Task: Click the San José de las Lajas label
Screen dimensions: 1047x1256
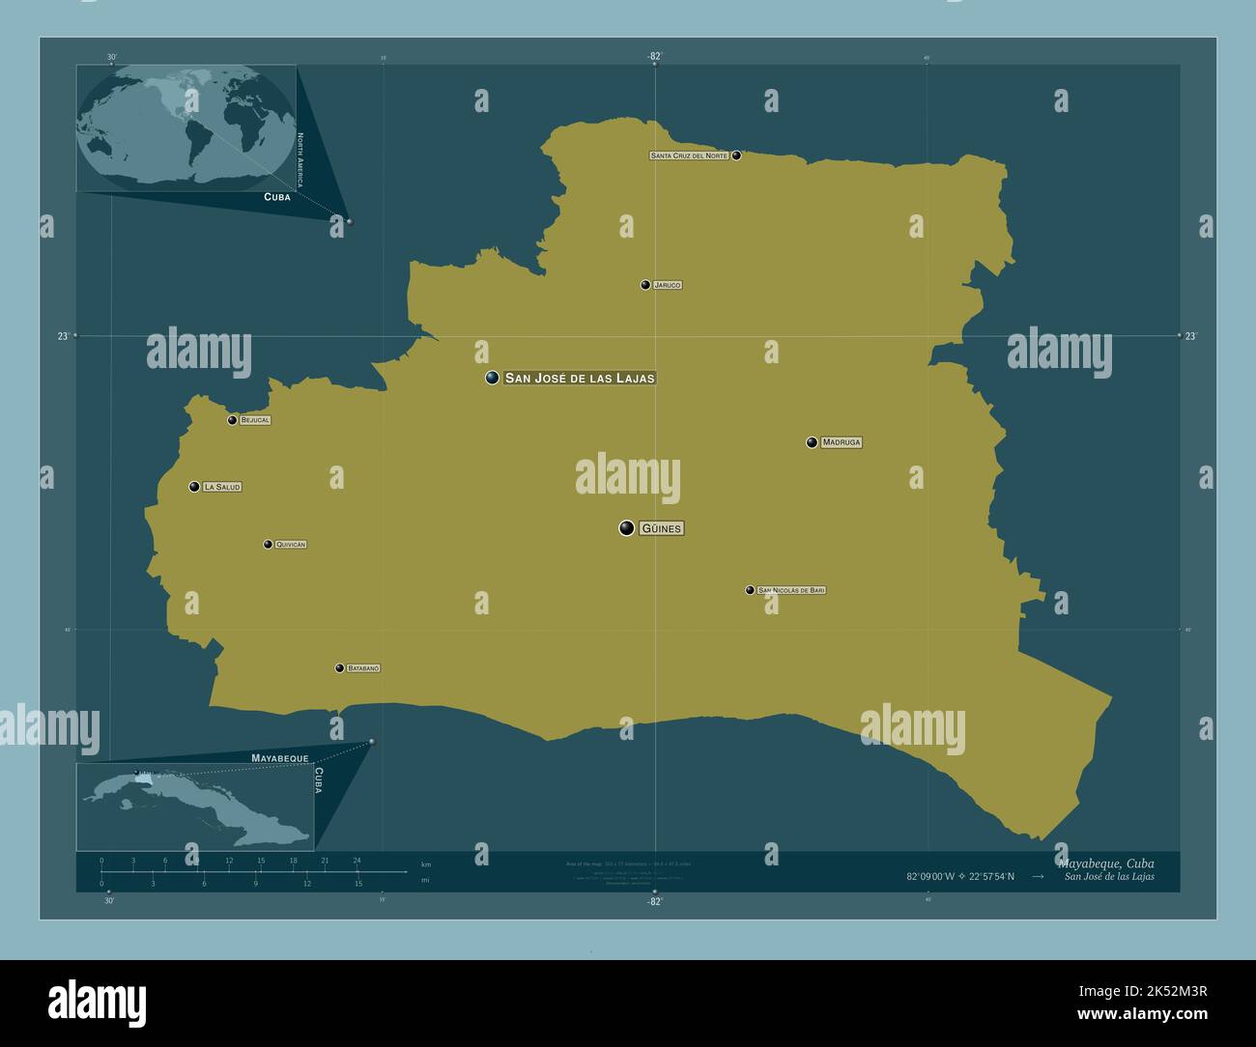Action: pyautogui.click(x=580, y=379)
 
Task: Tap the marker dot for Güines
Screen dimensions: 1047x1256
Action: pyautogui.click(x=627, y=527)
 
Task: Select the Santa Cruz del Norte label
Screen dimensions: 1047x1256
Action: pyautogui.click(x=689, y=156)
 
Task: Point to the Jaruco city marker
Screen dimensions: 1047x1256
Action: pyautogui.click(x=645, y=285)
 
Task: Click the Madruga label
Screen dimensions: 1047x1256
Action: pyautogui.click(x=842, y=442)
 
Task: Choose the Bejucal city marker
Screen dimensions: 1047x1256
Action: pyautogui.click(x=232, y=420)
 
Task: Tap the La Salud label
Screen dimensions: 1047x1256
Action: pyautogui.click(x=222, y=487)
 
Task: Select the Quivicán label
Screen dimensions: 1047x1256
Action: pyautogui.click(x=291, y=545)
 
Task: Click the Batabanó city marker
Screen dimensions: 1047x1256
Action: pyautogui.click(x=339, y=668)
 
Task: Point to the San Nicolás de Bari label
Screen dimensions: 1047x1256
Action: pyautogui.click(x=792, y=590)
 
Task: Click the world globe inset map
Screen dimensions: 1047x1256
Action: pyautogui.click(x=186, y=127)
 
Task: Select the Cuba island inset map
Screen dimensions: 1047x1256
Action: pyautogui.click(x=195, y=806)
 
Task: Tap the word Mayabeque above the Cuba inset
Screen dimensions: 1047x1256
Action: pyautogui.click(x=279, y=758)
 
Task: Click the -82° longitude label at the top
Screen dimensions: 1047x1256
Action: pyautogui.click(x=655, y=56)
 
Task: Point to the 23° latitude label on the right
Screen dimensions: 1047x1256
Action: pyautogui.click(x=1190, y=336)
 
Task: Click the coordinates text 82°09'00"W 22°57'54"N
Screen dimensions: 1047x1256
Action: pyautogui.click(x=960, y=877)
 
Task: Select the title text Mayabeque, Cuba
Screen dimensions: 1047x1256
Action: pyautogui.click(x=1105, y=863)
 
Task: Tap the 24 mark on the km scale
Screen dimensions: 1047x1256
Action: pyautogui.click(x=357, y=860)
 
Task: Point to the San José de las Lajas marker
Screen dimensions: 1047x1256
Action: pyautogui.click(x=493, y=378)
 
